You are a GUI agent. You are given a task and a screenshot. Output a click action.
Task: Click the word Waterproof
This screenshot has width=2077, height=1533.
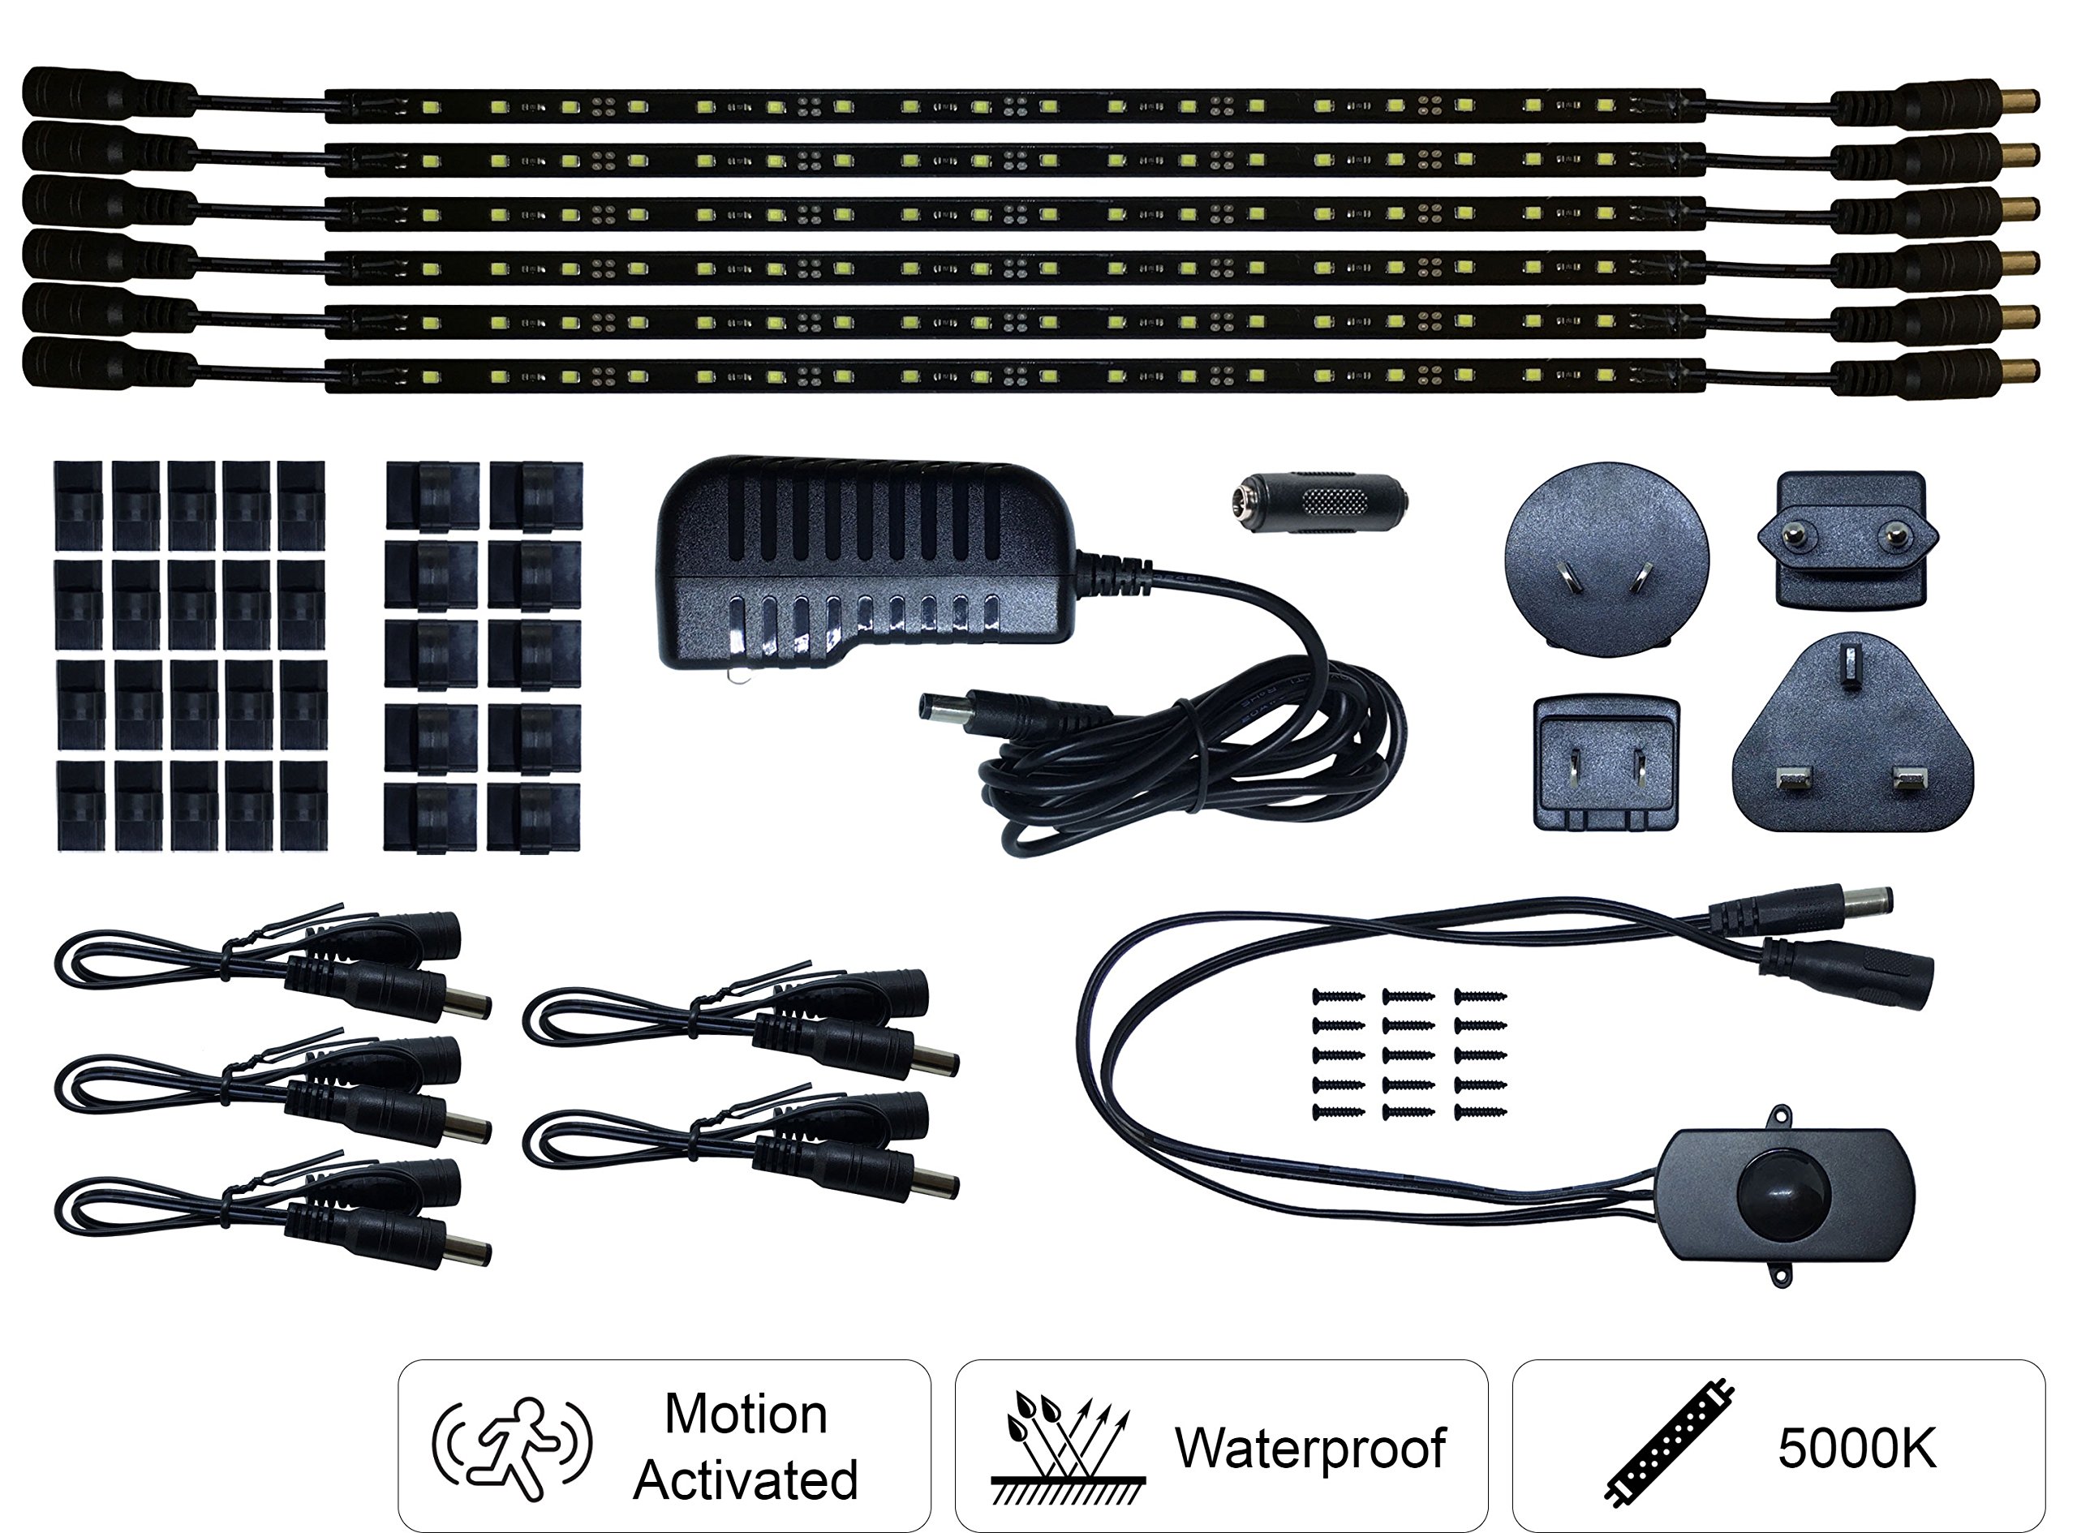(x=1309, y=1448)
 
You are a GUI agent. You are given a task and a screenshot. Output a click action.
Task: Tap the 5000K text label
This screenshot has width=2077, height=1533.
(x=1856, y=1448)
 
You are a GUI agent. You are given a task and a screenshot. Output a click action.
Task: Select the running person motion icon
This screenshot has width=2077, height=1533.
(x=511, y=1448)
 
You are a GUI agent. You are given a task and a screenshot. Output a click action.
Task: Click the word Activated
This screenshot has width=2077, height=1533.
(x=746, y=1480)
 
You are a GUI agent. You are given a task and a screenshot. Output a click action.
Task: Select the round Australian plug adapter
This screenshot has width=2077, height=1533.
(x=1606, y=560)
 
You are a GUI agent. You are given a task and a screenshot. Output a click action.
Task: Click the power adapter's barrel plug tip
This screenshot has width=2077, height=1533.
(x=928, y=710)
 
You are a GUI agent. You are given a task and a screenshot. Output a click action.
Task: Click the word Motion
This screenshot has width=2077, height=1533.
(x=746, y=1415)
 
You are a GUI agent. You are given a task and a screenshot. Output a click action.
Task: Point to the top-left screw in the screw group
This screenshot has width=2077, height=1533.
(x=1338, y=997)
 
